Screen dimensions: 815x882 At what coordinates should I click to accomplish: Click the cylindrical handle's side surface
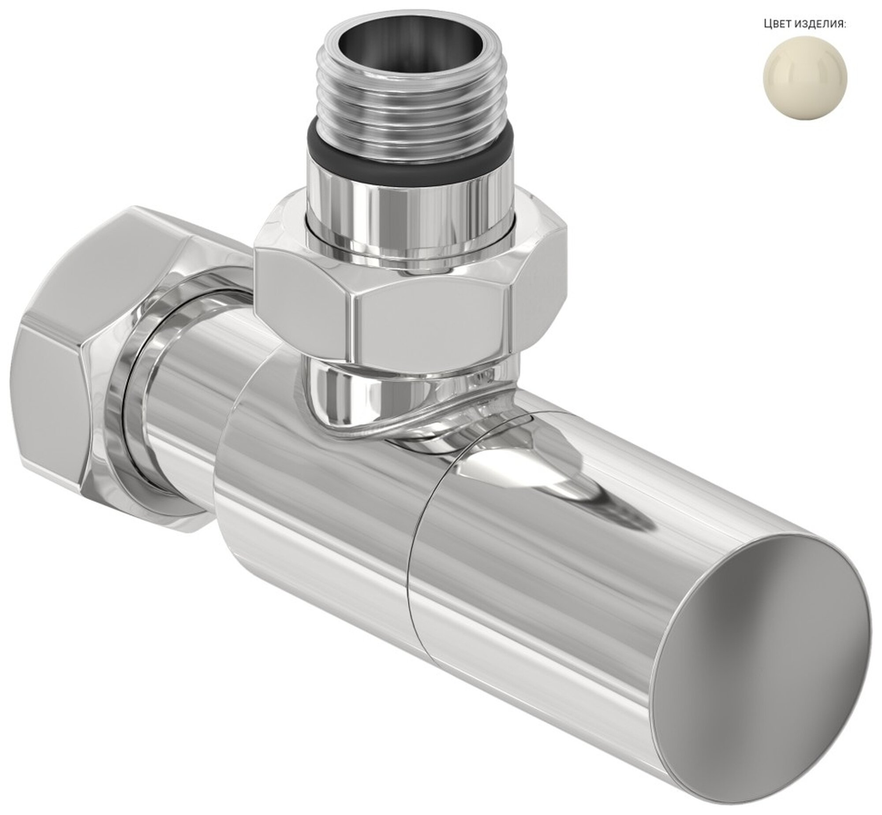click(x=574, y=595)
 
